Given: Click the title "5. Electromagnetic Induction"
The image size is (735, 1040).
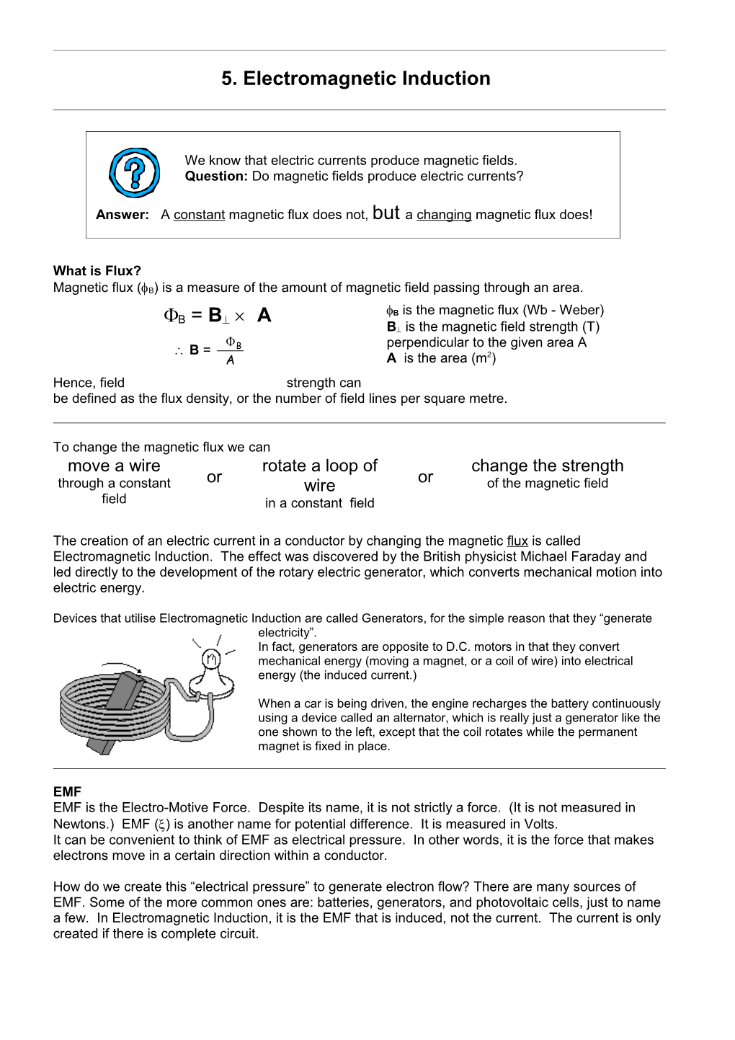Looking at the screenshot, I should tap(356, 79).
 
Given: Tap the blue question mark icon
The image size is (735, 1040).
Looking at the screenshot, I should tap(133, 173).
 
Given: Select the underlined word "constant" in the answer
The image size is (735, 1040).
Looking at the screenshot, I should tap(200, 215).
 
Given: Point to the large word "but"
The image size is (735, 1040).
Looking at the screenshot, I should tap(387, 212).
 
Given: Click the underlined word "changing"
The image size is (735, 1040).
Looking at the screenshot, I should tap(444, 215).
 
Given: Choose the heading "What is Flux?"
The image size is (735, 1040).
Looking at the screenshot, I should tap(97, 271).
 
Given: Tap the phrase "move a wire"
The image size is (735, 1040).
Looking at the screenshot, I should tap(114, 466).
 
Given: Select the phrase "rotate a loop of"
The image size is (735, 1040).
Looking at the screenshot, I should tap(319, 466).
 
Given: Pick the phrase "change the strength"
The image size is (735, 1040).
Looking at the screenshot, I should tap(547, 466).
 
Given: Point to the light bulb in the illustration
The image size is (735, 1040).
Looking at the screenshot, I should tap(211, 662).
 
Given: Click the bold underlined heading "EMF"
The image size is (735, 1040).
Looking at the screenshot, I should tap(67, 792).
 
